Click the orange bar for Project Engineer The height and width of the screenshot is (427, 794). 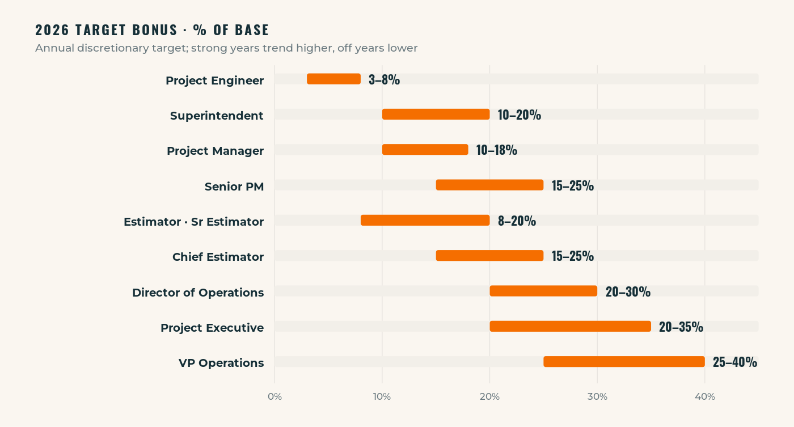(x=333, y=79)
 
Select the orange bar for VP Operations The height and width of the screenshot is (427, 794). (x=624, y=362)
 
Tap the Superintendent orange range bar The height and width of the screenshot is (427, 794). (x=436, y=115)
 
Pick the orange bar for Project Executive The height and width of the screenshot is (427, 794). (x=570, y=327)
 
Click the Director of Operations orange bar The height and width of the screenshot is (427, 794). (x=543, y=291)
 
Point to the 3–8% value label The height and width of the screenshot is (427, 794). (x=384, y=80)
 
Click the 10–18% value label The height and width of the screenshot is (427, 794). (x=496, y=150)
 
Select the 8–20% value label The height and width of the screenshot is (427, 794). (x=517, y=221)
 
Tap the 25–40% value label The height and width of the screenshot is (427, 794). (x=734, y=362)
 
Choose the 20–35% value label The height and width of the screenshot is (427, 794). (x=681, y=327)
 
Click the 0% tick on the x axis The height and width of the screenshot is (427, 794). (x=274, y=397)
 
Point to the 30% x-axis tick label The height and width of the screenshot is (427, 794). (x=597, y=397)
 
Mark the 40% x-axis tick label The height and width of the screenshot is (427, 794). (x=704, y=397)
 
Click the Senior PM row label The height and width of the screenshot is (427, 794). (x=234, y=187)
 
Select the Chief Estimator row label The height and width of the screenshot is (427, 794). (x=218, y=257)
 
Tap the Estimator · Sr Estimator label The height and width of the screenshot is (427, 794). (x=193, y=222)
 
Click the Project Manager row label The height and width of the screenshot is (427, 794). (x=215, y=151)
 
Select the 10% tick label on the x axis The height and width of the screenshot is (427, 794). (x=382, y=397)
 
